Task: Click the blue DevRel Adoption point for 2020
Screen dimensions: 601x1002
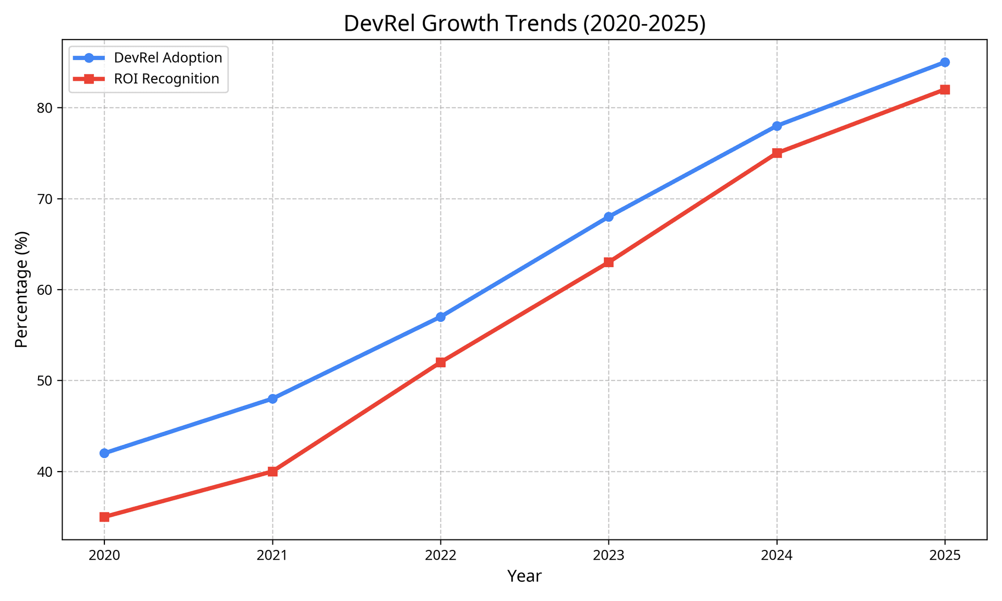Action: click(104, 453)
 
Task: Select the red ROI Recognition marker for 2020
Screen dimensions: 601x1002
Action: click(104, 516)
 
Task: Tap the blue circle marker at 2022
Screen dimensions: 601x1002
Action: click(440, 317)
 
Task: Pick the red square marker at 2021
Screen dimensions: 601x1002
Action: click(272, 471)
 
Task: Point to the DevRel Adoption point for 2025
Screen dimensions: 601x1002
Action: click(945, 62)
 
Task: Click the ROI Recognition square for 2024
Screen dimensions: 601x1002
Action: click(777, 153)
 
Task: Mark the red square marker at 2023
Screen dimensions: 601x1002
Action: click(609, 262)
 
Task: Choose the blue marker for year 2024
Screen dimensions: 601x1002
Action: click(777, 126)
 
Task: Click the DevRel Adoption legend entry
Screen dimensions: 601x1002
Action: click(168, 57)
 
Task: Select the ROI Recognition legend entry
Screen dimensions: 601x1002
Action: click(166, 79)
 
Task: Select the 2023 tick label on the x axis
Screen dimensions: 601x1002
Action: click(609, 556)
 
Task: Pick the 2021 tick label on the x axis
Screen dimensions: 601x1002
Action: click(272, 556)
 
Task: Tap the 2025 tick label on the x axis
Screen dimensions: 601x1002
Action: click(945, 556)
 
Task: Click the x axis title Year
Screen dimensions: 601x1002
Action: click(524, 576)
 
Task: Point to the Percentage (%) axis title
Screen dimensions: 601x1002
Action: click(21, 289)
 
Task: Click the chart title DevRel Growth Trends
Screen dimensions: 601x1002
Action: click(524, 24)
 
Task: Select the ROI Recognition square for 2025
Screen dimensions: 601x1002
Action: click(945, 89)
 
